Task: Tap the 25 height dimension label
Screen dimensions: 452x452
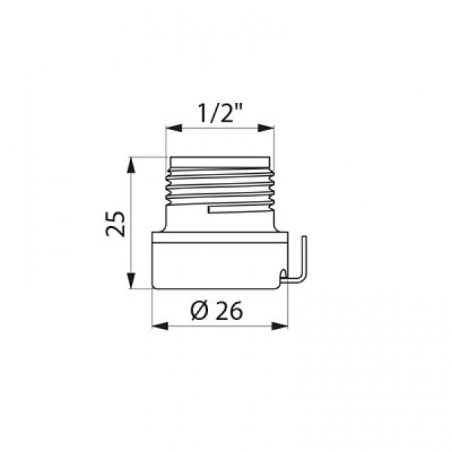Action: coord(115,224)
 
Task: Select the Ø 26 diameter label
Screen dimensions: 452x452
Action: coord(216,311)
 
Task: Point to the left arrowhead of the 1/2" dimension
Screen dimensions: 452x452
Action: coord(174,128)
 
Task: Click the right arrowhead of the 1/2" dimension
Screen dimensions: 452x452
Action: coord(266,128)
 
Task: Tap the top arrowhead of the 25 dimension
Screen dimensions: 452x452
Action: coord(131,165)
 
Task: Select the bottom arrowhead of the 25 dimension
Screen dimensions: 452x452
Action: coord(131,280)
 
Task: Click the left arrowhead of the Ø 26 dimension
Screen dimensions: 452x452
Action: coord(160,326)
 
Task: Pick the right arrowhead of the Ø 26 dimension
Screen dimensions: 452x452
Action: coord(280,326)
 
